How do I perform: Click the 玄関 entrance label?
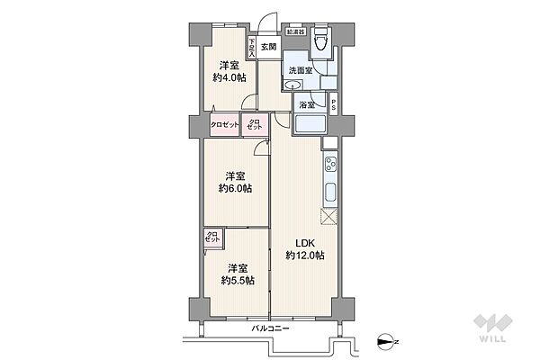[269, 47]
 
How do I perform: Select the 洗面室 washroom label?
[300, 70]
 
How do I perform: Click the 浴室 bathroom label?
[307, 105]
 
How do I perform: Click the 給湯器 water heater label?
[295, 31]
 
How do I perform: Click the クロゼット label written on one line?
[225, 125]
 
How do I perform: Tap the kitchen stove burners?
[329, 166]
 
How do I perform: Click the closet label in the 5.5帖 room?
[212, 238]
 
